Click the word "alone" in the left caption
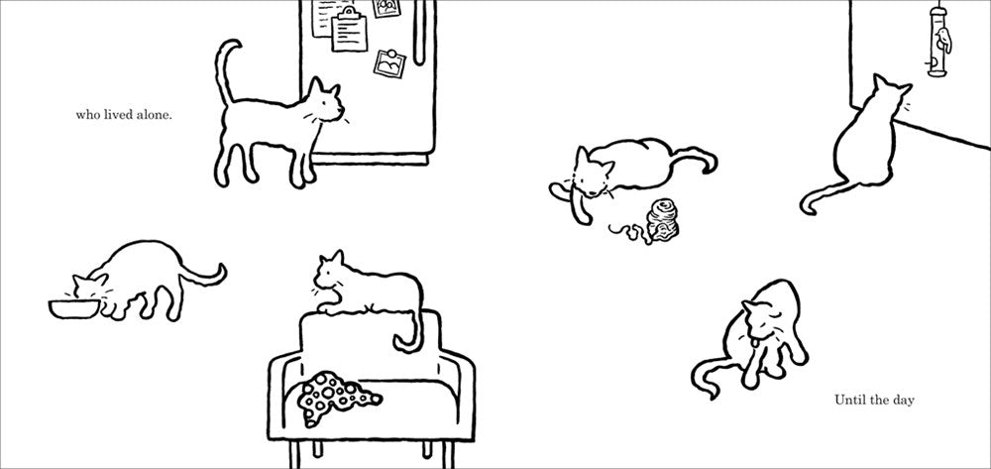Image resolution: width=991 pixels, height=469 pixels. tap(155, 116)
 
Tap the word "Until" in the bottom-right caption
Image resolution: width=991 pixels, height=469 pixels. tap(849, 401)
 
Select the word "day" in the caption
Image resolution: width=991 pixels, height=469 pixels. tap(903, 401)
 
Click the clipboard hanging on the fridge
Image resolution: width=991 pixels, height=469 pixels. tap(350, 31)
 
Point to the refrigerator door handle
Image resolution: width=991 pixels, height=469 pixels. tap(419, 32)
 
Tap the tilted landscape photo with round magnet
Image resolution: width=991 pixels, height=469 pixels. tap(389, 62)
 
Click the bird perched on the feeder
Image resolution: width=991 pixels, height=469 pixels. tap(944, 41)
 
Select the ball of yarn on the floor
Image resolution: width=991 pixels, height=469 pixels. tap(662, 220)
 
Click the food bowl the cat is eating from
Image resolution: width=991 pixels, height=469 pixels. tap(74, 308)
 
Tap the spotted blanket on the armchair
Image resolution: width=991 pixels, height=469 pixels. tap(335, 396)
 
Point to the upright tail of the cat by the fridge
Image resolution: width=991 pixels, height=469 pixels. tap(224, 68)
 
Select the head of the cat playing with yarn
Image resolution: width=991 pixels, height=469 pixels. tap(593, 172)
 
